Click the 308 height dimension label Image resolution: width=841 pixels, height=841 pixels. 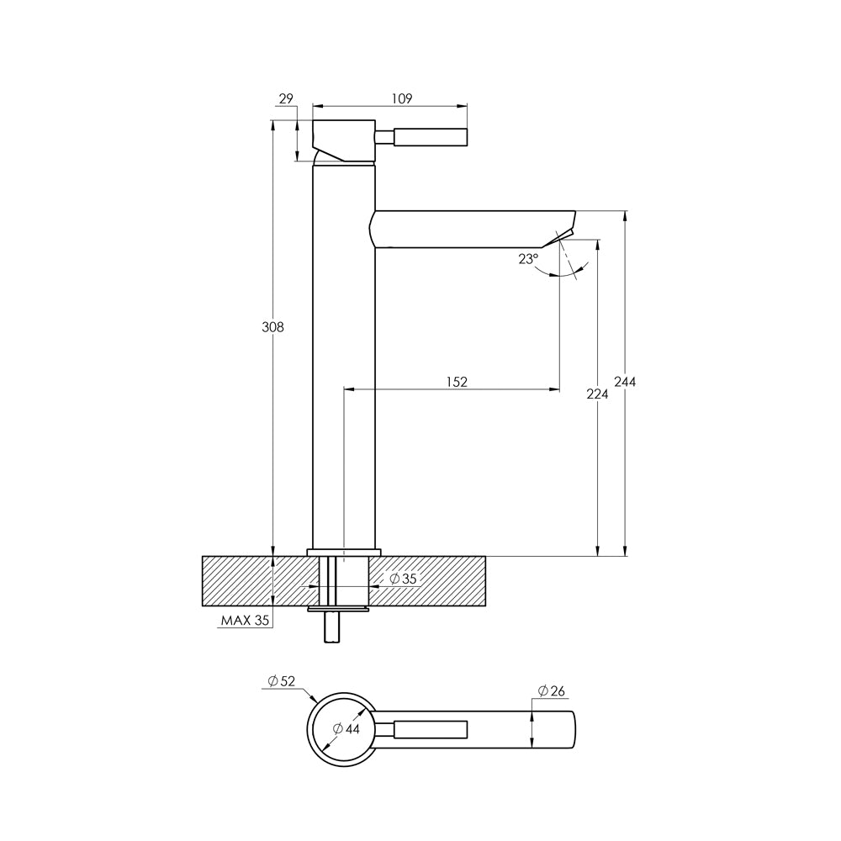point(272,326)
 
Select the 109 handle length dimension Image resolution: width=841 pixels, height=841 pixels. point(402,98)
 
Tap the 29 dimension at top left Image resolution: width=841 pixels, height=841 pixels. point(287,98)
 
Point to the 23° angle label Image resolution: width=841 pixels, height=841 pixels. point(528,259)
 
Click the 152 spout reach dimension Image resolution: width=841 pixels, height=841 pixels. point(457,381)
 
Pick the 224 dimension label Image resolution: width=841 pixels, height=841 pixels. point(597,394)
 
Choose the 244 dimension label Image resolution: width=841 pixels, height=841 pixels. point(625,381)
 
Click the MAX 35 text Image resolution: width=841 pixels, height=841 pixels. point(245,621)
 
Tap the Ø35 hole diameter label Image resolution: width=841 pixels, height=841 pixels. point(403,579)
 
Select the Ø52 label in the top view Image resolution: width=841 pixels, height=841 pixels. point(282,681)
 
